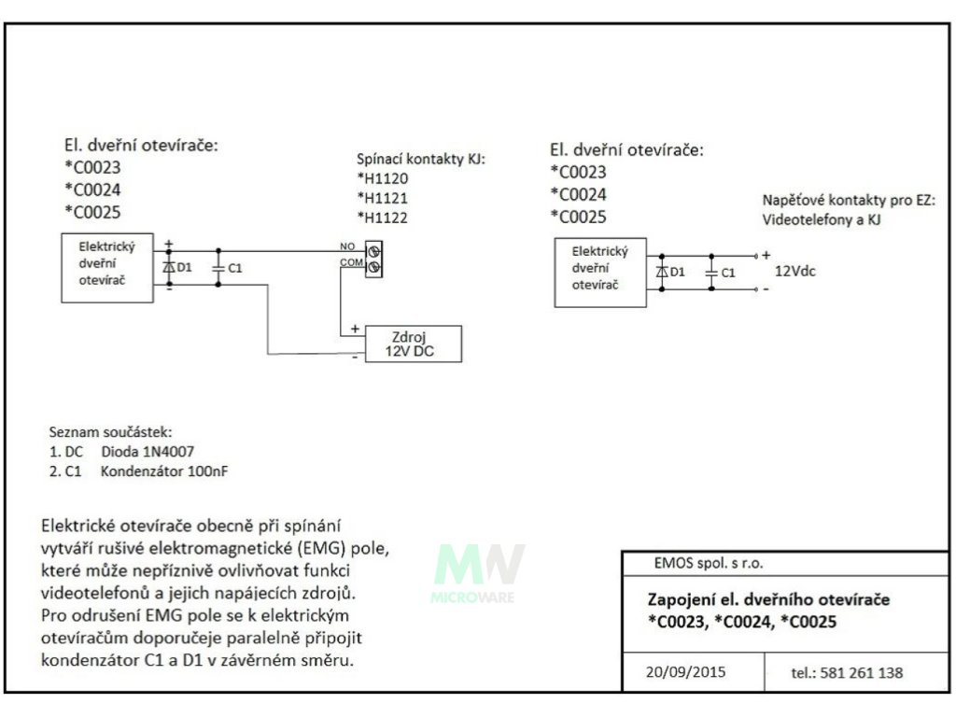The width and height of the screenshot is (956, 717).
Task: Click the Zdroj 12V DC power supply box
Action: (412, 344)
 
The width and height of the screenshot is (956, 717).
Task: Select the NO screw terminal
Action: (375, 251)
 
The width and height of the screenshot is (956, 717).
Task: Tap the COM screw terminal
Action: (375, 268)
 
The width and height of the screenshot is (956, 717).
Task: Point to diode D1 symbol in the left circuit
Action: (169, 267)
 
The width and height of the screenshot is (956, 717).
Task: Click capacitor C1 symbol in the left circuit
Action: (218, 267)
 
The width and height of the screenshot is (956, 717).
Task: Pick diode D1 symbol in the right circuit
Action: (662, 272)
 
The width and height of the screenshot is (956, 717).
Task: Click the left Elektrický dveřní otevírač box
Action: (107, 267)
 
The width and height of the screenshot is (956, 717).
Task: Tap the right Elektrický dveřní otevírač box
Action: (599, 272)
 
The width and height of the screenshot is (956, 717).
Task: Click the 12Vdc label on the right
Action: (794, 272)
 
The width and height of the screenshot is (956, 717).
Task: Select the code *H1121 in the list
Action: (383, 198)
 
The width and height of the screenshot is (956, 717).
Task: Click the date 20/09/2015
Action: (685, 671)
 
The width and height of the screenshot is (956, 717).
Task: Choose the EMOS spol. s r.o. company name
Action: (710, 564)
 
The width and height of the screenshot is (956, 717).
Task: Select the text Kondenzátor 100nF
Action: (164, 471)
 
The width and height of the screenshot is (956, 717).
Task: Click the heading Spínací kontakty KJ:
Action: (422, 159)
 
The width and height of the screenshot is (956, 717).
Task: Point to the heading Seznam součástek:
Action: (110, 432)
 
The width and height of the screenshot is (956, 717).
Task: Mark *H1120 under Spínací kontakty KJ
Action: (383, 178)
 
